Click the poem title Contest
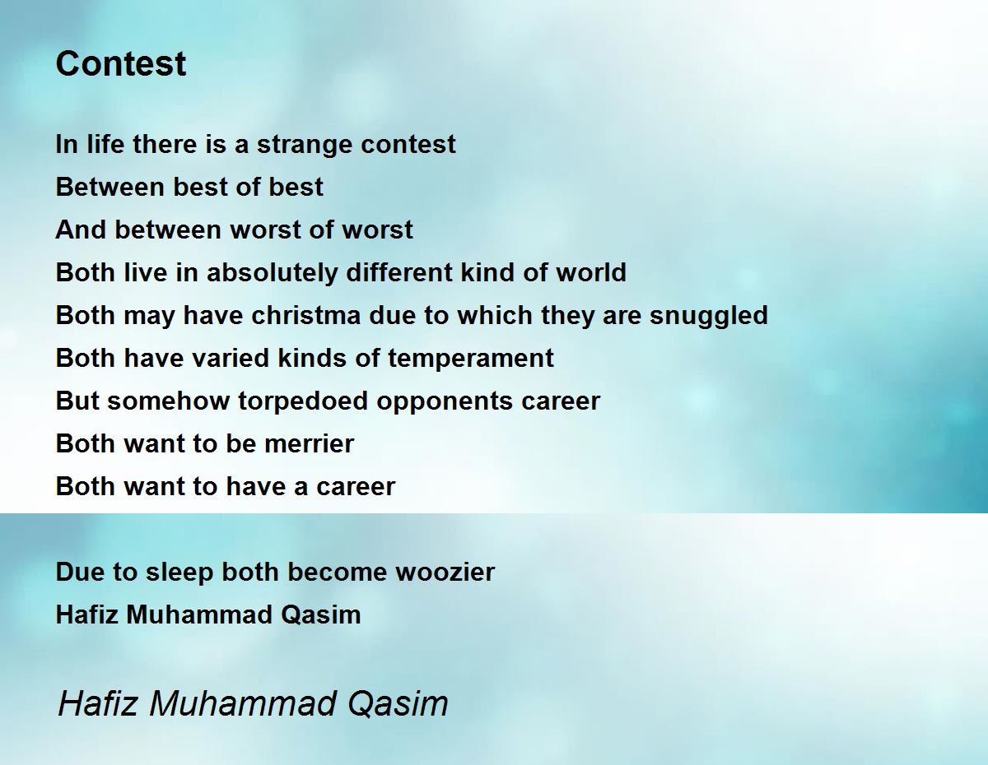click(121, 63)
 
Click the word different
click(400, 272)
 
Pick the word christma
click(306, 315)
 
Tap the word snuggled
click(708, 316)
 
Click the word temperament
click(471, 359)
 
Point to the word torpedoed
click(303, 401)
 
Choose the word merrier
click(310, 443)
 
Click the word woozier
click(445, 572)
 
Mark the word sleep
click(179, 573)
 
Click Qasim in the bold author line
click(320, 615)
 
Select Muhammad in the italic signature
click(242, 703)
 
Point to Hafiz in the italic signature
click(98, 703)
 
